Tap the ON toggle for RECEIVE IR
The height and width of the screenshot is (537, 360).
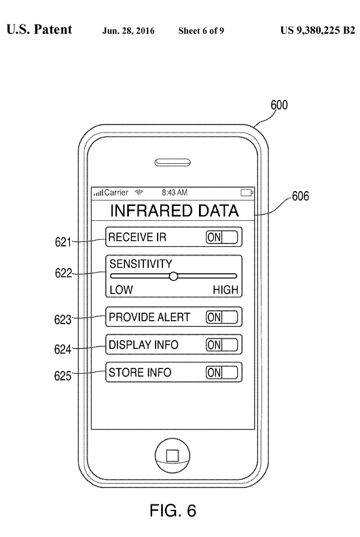point(221,237)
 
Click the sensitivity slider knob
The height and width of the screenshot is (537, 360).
point(173,276)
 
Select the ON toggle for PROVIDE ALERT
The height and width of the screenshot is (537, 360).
point(221,317)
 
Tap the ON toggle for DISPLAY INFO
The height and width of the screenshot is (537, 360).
point(221,345)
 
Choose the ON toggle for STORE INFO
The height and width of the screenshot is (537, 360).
point(221,373)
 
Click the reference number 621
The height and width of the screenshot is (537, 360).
point(63,242)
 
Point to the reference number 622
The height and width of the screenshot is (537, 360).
point(63,273)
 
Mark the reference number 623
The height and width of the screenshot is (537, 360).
point(62,319)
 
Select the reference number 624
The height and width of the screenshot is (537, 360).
point(62,349)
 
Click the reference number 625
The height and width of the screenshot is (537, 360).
point(62,376)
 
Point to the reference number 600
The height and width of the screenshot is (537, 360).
point(279,105)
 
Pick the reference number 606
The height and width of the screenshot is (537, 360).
point(300,196)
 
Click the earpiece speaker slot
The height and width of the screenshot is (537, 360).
point(173,162)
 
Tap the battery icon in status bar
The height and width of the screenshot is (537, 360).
point(247,192)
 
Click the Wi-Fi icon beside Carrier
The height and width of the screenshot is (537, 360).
point(139,192)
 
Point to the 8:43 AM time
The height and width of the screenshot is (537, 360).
point(175,192)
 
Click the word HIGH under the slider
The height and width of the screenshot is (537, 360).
point(226,290)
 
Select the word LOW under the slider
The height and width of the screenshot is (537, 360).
point(121,290)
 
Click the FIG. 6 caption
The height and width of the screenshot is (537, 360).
point(173,510)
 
